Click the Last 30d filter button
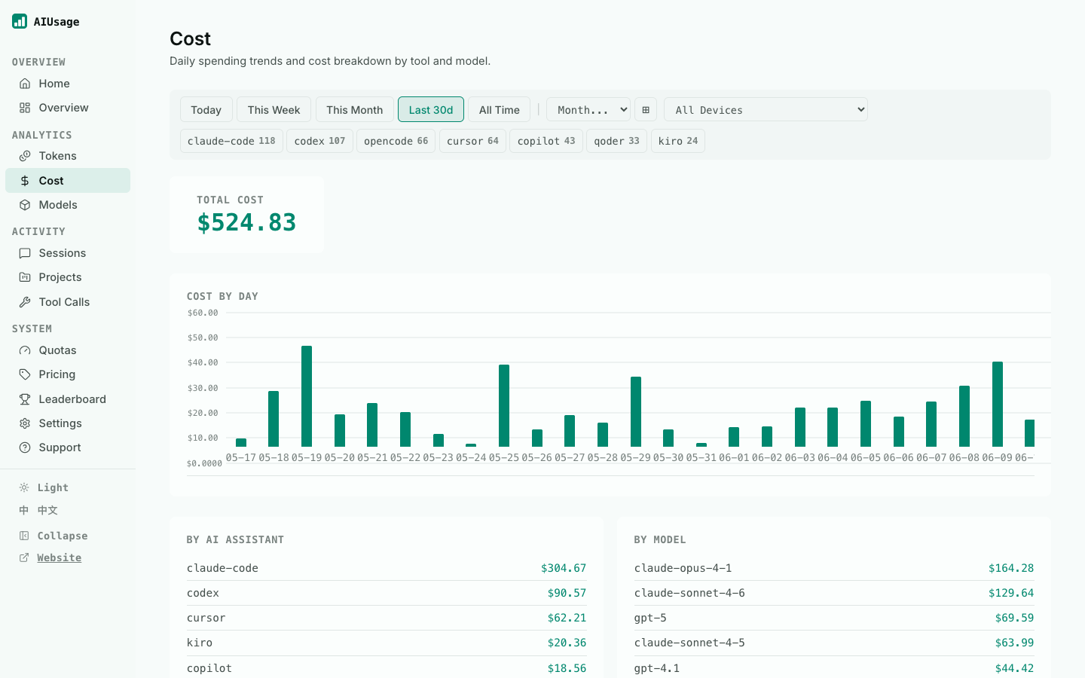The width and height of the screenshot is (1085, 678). tap(431, 109)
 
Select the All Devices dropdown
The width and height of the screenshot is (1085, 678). tap(766, 109)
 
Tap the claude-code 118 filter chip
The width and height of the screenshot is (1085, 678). tap(231, 141)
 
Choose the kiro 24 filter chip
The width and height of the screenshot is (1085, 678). tap(677, 141)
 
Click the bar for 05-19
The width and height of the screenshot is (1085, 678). tap(307, 396)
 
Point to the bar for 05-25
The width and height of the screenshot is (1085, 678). tap(504, 406)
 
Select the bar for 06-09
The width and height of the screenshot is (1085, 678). tap(998, 404)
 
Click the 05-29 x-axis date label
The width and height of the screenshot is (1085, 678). tap(635, 458)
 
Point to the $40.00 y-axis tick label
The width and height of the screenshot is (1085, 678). tap(203, 362)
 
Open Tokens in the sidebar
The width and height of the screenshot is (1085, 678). tap(57, 156)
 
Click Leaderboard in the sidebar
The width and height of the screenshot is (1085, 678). tap(72, 399)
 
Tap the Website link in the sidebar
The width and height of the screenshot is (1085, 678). tap(59, 557)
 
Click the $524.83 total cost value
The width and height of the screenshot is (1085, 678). tap(246, 223)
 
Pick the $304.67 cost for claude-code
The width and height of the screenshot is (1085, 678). tap(564, 568)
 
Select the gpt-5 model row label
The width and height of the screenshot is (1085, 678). tap(650, 618)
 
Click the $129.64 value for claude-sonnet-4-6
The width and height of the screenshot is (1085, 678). tap(1011, 593)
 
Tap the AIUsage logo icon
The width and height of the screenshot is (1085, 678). tap(20, 21)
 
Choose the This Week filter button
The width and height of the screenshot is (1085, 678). tap(274, 109)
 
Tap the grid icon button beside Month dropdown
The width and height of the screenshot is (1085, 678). tap(646, 109)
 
